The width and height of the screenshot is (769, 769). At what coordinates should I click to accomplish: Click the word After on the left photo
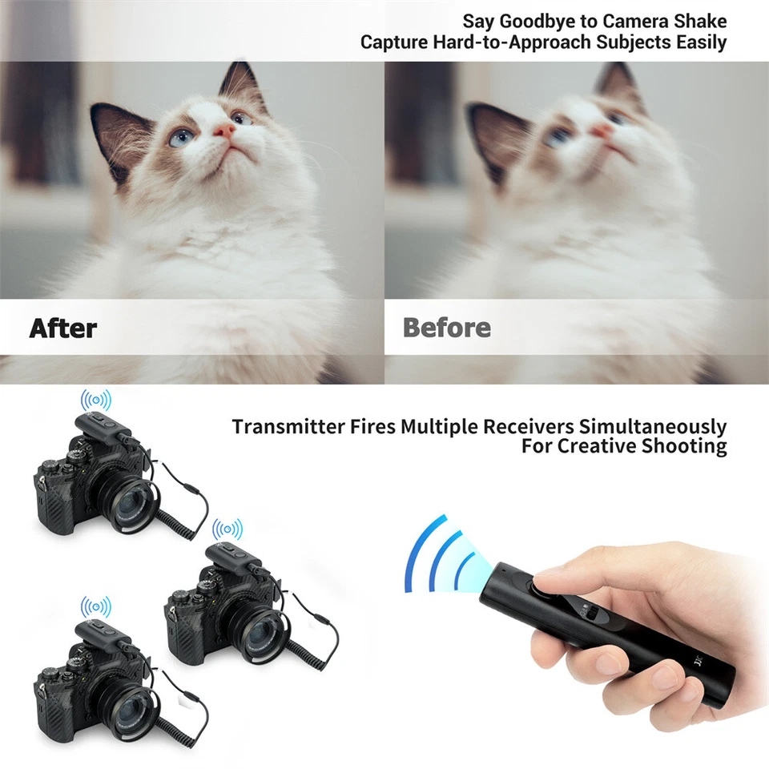63,328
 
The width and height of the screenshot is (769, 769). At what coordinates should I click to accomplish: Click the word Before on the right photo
447,328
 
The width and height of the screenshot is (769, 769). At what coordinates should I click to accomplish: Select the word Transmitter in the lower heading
285,427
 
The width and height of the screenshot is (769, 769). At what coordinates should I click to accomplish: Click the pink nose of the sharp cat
223,129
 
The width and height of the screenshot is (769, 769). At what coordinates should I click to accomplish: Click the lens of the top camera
131,505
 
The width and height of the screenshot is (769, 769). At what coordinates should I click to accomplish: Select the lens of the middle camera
264,632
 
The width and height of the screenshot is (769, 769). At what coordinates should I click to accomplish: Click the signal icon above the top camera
96,399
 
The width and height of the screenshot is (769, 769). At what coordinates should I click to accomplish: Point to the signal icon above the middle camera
227,529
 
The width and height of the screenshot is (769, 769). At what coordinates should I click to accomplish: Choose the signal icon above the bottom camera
96,606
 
